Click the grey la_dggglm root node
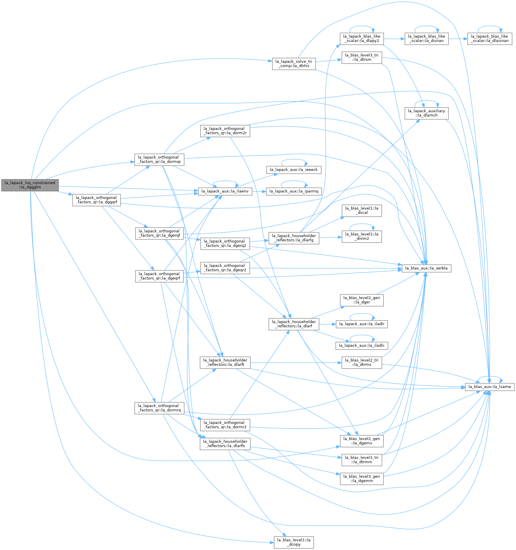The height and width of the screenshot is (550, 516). point(30,185)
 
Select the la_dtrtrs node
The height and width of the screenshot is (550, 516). point(294,64)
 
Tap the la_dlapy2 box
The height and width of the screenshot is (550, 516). point(362,39)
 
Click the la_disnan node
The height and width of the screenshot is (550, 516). point(426,39)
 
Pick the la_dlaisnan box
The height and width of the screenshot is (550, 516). point(490,39)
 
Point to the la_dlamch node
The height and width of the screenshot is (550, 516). point(426,113)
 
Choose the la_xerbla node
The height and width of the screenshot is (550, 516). point(426,268)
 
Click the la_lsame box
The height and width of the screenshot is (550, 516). point(490,387)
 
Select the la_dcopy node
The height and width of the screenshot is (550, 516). point(294,542)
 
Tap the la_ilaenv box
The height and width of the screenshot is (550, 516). point(225,191)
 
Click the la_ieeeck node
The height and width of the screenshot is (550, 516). point(294,170)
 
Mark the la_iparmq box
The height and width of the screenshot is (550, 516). point(294,191)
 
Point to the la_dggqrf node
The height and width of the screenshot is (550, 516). point(97,200)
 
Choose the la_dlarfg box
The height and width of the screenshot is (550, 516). point(294,238)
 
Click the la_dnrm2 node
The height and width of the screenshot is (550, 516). point(362,236)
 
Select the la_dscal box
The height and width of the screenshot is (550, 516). point(362,211)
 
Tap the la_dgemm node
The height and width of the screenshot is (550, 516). point(362,479)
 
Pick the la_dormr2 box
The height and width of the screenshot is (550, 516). point(225,425)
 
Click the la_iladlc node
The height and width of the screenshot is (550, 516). point(362,346)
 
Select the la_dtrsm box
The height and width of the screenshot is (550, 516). point(362,57)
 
